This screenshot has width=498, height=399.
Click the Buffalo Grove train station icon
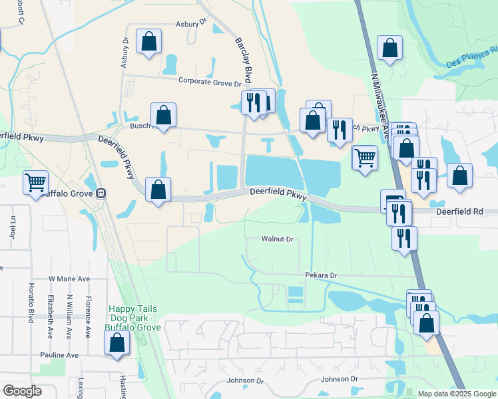pos(101,194)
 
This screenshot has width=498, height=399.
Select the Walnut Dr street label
pos(277,238)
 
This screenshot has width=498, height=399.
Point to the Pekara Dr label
pos(322,275)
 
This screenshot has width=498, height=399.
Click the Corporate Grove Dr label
pos(210,82)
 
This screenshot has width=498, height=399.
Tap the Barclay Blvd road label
pos(242,59)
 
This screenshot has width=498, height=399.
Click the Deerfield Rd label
pos(458,212)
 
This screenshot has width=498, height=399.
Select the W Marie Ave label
pos(69,279)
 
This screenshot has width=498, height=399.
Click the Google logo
pos(22,391)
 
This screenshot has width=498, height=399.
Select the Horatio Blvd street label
pos(31,299)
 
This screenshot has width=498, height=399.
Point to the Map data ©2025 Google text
pos(456,394)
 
